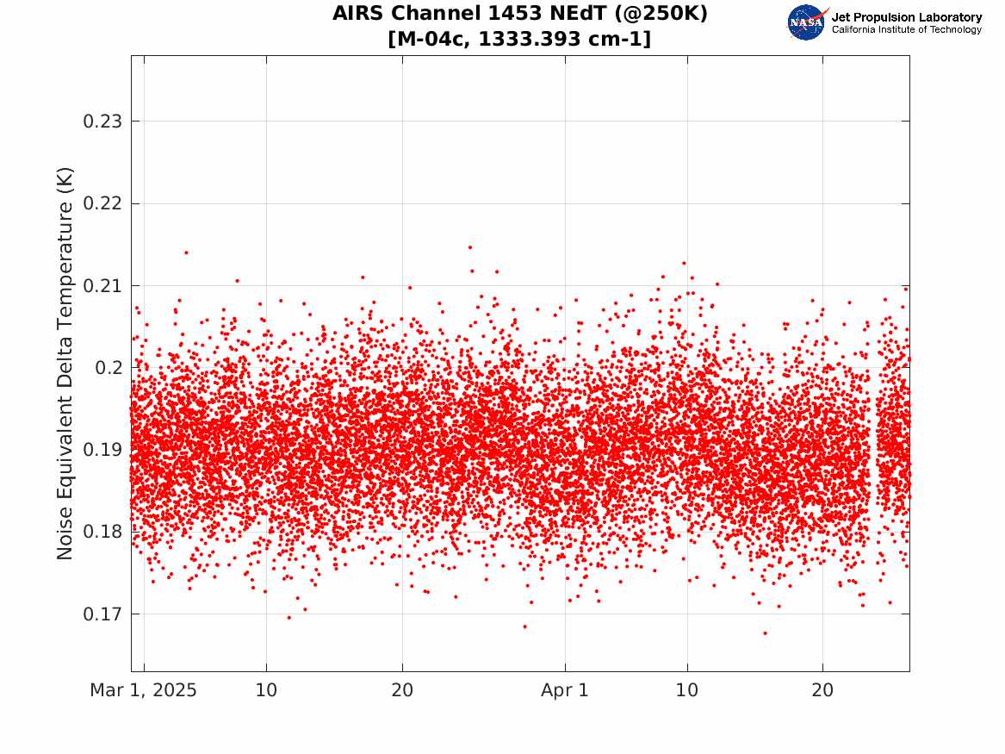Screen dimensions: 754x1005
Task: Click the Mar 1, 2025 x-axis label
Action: click(143, 691)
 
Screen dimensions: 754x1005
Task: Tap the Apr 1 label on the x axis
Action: click(565, 691)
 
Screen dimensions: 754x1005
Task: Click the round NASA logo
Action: click(806, 22)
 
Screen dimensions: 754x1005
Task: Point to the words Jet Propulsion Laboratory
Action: click(907, 17)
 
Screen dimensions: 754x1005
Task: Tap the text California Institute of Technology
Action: click(907, 30)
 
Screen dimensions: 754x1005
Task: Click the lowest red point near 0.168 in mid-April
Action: click(764, 633)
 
